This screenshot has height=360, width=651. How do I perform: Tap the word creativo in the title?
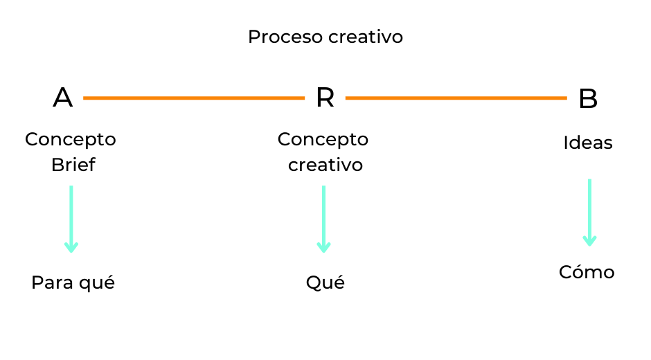tap(366, 37)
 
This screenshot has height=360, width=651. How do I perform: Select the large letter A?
tap(62, 98)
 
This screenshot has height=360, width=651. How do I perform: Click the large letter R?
tap(325, 98)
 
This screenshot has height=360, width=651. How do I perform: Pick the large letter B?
tap(587, 99)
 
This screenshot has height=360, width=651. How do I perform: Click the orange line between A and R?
tap(194, 98)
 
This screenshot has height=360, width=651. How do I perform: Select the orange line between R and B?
tap(456, 98)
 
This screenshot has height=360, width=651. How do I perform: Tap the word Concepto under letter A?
tap(71, 139)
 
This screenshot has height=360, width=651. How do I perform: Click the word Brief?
tap(73, 165)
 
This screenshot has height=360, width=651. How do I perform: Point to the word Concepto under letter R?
tap(323, 139)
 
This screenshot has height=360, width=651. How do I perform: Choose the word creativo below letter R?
tap(325, 165)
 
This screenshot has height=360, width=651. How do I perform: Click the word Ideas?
tap(587, 143)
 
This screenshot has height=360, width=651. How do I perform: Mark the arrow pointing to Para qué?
tap(71, 218)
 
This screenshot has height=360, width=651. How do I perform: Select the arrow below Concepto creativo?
tap(323, 218)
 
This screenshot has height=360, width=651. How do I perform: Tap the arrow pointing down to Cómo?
tap(589, 212)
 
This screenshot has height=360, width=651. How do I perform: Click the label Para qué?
tap(73, 283)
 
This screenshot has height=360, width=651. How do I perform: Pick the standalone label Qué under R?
tap(325, 283)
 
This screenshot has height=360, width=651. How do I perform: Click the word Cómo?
tap(587, 272)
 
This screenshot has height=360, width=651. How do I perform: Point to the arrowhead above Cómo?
tap(589, 240)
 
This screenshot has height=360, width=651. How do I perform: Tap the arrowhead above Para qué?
tap(71, 246)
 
